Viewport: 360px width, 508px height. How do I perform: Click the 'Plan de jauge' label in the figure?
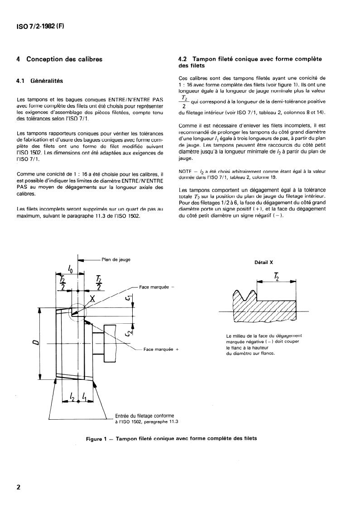pos(116,259)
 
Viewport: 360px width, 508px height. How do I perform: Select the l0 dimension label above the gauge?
pos(71,268)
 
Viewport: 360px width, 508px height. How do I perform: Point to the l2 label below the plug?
pos(72,396)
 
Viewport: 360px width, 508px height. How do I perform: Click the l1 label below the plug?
pos(84,396)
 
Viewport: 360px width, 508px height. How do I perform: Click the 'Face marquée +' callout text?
pos(161,349)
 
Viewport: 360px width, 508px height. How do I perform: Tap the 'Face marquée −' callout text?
pos(157,287)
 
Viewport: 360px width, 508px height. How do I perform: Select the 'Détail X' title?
pos(264,263)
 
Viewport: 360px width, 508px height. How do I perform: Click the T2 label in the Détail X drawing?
pos(276,277)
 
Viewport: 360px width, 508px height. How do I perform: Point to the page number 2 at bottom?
pos(19,487)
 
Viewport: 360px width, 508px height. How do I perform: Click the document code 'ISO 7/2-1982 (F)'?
pos(40,27)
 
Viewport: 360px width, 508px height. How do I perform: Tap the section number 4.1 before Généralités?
pos(21,81)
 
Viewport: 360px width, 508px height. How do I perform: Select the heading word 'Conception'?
pos(45,59)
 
